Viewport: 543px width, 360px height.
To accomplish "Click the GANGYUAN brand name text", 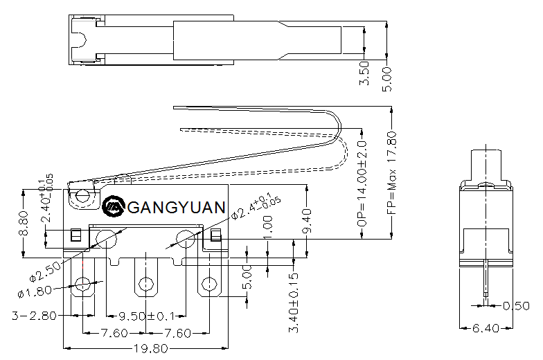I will point(177,207).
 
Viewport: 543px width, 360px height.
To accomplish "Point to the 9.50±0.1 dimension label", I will point(146,315).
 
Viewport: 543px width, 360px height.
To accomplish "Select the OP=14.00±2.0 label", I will point(361,185).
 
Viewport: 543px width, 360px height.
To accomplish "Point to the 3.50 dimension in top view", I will point(365,73).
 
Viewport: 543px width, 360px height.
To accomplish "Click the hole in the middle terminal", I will point(146,283).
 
